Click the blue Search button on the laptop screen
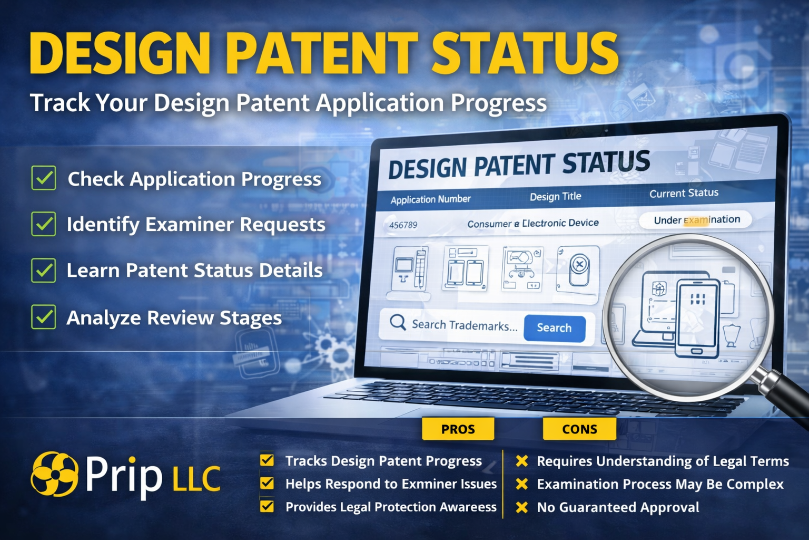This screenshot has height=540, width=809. click(554, 328)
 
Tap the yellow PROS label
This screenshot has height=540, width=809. click(458, 429)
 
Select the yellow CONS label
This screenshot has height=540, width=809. click(579, 429)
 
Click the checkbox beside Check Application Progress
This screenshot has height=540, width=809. click(44, 178)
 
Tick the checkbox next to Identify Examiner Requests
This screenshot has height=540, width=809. click(44, 224)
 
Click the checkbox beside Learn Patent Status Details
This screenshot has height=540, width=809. click(44, 270)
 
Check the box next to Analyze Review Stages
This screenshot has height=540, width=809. click(44, 317)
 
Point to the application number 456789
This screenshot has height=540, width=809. click(403, 225)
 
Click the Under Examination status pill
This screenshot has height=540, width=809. click(696, 220)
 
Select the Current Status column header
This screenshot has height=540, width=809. click(683, 193)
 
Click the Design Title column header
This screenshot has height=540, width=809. click(555, 197)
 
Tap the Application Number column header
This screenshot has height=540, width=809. click(430, 199)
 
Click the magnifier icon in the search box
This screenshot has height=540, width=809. click(398, 322)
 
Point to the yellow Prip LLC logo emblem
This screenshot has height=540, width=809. click(54, 474)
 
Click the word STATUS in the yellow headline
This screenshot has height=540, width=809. click(525, 53)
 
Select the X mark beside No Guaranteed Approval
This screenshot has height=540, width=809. click(521, 507)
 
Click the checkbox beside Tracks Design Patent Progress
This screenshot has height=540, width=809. click(267, 460)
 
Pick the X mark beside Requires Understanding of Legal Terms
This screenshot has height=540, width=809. click(521, 461)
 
